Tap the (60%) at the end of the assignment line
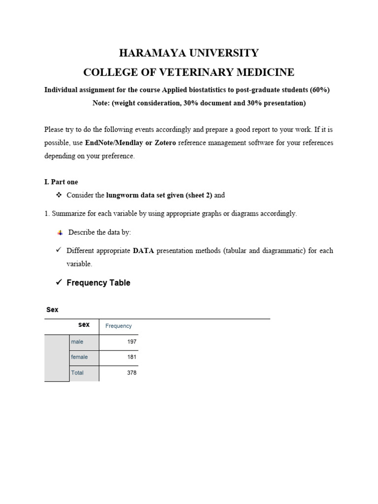pos(319,90)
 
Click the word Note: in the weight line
pos(102,103)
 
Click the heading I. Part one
pos(61,182)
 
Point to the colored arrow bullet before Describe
pos(60,232)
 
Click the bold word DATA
pos(144,251)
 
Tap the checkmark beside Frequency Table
pos(58,283)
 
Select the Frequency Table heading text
pos(98,283)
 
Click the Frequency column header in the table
pos(119,326)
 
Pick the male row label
pos(77,342)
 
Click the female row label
pos(79,357)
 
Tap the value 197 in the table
pos(132,342)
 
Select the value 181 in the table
pos(132,357)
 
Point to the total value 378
pos(132,373)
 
